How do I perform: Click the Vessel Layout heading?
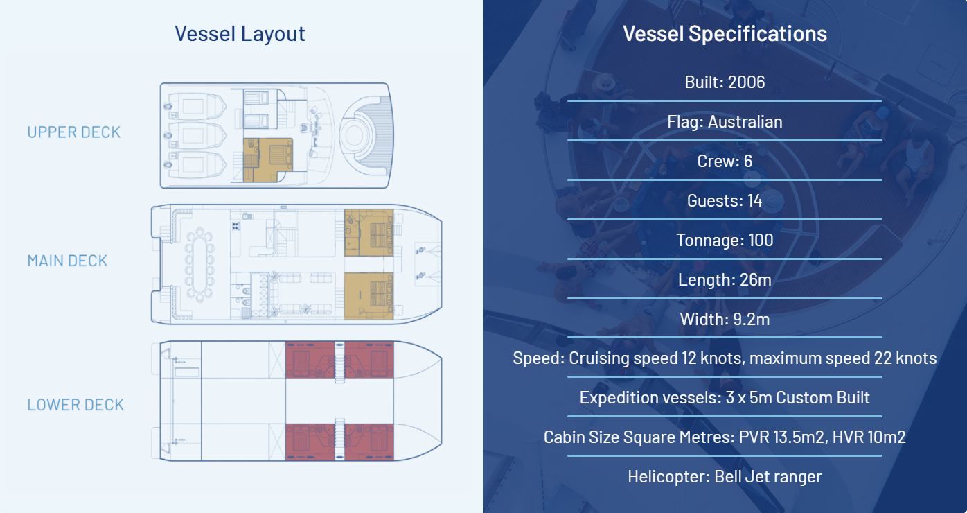pyautogui.click(x=240, y=34)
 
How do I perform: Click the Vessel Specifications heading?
pyautogui.click(x=725, y=34)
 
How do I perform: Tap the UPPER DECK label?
pyautogui.click(x=74, y=132)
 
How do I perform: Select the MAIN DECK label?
pyautogui.click(x=67, y=261)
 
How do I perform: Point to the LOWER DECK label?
pyautogui.click(x=76, y=405)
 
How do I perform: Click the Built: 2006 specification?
pyautogui.click(x=725, y=82)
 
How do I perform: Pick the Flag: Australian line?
pyautogui.click(x=725, y=122)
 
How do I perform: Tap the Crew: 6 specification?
pyautogui.click(x=725, y=162)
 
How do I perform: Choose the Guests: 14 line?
pyautogui.click(x=725, y=201)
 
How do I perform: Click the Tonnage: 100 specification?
pyautogui.click(x=725, y=241)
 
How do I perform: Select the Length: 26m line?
pyautogui.click(x=725, y=280)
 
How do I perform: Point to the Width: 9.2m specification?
pyautogui.click(x=725, y=320)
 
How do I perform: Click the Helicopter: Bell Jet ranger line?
pyautogui.click(x=725, y=477)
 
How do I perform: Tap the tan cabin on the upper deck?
pyautogui.click(x=267, y=160)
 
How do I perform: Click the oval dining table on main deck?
pyautogui.click(x=199, y=265)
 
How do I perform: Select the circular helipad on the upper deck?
pyautogui.click(x=355, y=135)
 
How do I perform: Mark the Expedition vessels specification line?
pyautogui.click(x=725, y=398)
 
